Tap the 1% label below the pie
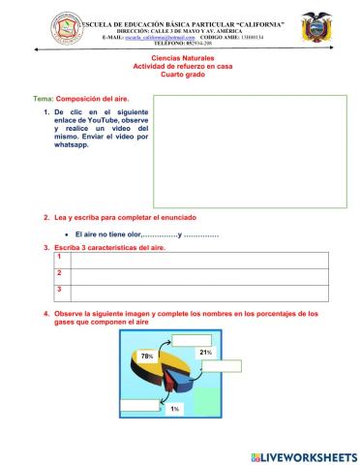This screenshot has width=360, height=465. [x=174, y=410]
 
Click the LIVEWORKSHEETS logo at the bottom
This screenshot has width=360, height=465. [x=303, y=455]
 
